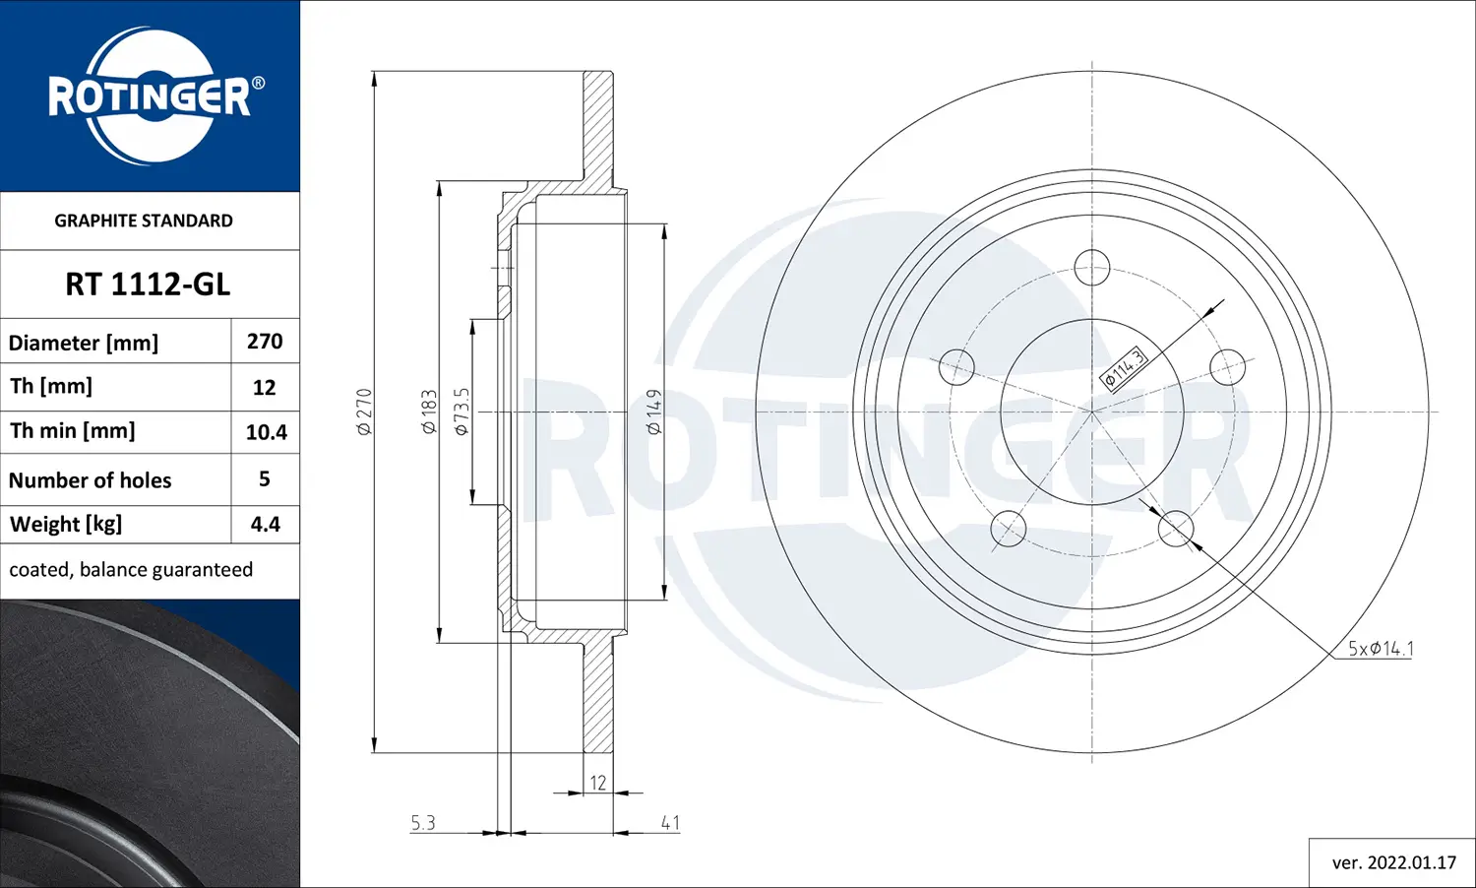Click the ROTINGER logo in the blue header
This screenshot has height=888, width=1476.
[x=150, y=96]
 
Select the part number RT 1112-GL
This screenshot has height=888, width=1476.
[x=148, y=285]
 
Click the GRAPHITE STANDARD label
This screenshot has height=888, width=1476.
[x=144, y=221]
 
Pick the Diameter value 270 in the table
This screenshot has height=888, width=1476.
[x=265, y=342]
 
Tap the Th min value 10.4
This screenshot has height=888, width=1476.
[x=266, y=432]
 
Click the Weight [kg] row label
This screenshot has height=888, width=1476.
[x=66, y=524]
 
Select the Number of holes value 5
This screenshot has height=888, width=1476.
[x=264, y=479]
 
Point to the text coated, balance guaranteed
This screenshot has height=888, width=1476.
[x=131, y=570]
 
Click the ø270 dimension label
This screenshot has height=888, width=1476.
[x=364, y=412]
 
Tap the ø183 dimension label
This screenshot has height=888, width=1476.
[x=429, y=412]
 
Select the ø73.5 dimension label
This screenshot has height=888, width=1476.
[x=461, y=412]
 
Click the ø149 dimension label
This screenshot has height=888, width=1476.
[x=654, y=412]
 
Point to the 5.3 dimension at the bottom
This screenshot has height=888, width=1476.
[x=423, y=822]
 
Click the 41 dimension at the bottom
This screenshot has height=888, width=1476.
[x=670, y=822]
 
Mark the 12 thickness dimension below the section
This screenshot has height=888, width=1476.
[x=598, y=783]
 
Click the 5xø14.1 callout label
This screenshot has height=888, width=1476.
[x=1381, y=648]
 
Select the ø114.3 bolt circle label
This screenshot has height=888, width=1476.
[x=1124, y=369]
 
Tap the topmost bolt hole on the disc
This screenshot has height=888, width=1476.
[x=1092, y=267]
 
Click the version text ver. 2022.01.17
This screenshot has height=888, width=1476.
[x=1393, y=862]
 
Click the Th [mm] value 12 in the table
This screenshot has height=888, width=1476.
[x=264, y=388]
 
